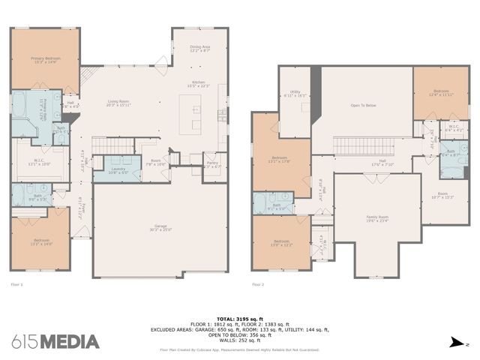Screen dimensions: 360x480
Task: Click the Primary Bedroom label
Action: click(45, 59)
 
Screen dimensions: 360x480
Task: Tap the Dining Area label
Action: click(199, 49)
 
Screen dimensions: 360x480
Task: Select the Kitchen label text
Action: click(199, 84)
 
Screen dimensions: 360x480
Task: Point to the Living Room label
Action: click(118, 103)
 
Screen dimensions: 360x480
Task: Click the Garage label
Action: click(160, 227)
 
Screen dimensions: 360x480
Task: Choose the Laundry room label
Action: click(119, 170)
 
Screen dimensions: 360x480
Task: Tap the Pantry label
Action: click(212, 164)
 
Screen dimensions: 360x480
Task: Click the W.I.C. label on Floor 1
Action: click(39, 162)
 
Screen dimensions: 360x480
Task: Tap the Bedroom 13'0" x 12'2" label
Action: click(281, 243)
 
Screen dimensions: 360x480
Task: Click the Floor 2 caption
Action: click(259, 285)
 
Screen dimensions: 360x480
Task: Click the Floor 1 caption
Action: click(16, 285)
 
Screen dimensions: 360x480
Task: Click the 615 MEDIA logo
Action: click(55, 341)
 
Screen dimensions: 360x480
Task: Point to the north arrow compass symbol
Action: click(454, 343)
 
